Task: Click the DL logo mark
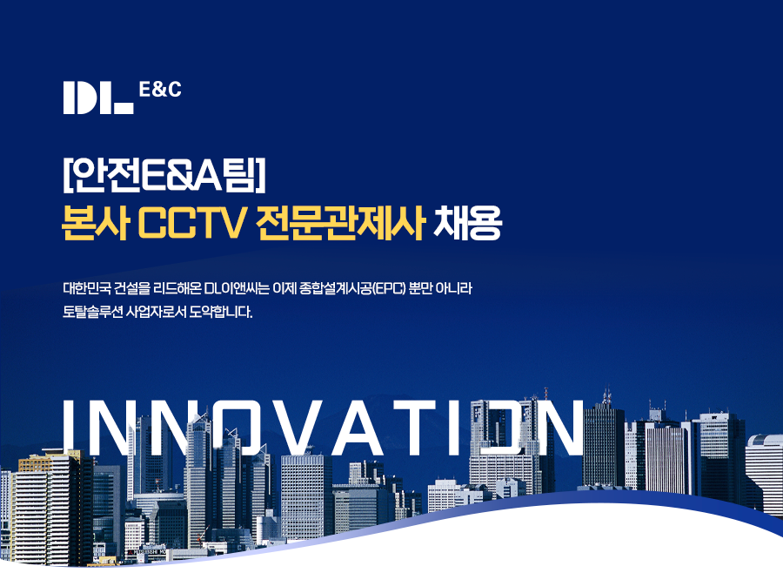pos(97,98)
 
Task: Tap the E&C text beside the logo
pos(160,90)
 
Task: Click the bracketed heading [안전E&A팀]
pos(164,176)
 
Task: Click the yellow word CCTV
pos(191,224)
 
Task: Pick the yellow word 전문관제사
pos(340,223)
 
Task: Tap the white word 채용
pos(467,223)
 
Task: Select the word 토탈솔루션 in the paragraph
pos(92,312)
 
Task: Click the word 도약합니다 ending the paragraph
pos(220,312)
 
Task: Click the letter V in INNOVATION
pos(288,427)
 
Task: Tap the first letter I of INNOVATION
pos(69,427)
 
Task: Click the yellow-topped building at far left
pos(49,505)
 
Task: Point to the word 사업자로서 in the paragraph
pos(156,312)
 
